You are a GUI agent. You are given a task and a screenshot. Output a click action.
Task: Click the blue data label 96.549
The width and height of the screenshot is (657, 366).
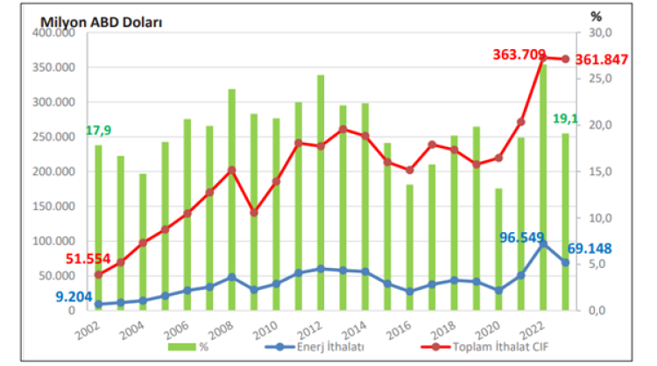click(524, 237)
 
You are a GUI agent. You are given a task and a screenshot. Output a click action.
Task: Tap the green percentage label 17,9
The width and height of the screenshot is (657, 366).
click(98, 131)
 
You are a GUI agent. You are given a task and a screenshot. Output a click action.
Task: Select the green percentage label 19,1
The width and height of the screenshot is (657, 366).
click(590, 119)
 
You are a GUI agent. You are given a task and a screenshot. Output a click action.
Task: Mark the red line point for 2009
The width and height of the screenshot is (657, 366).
click(254, 212)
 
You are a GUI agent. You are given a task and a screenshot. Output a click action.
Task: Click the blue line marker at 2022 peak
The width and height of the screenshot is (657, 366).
click(543, 244)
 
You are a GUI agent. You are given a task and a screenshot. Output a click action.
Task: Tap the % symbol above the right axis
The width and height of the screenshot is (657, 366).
click(597, 16)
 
